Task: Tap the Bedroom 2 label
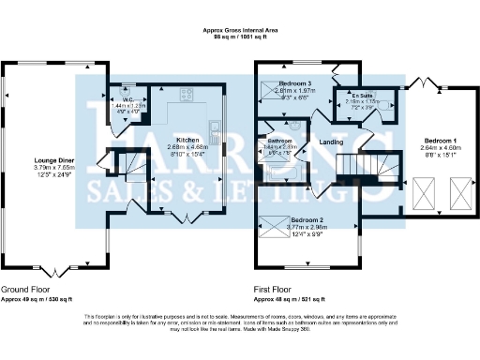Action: (x=309, y=217)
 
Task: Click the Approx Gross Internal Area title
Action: (x=240, y=31)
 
